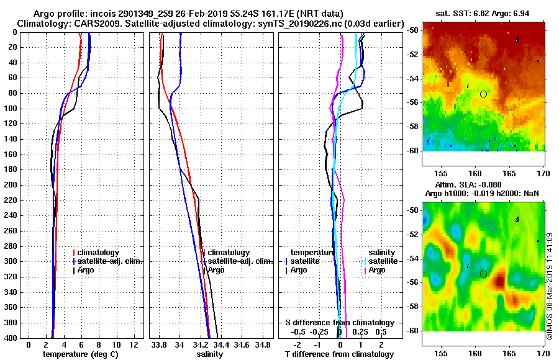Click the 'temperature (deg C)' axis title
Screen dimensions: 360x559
click(x=81, y=354)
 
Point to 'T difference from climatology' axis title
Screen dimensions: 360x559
click(x=339, y=354)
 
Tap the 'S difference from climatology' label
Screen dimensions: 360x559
click(x=339, y=323)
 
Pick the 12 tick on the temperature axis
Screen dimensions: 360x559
click(x=134, y=344)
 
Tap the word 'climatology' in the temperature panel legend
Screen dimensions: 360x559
click(x=100, y=253)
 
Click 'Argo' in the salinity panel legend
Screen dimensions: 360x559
click(x=216, y=270)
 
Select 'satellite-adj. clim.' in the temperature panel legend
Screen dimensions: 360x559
click(x=109, y=261)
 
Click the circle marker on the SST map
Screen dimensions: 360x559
click(x=483, y=94)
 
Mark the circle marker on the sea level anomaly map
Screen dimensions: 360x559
click(x=483, y=274)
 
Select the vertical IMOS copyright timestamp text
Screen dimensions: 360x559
click(x=549, y=286)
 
